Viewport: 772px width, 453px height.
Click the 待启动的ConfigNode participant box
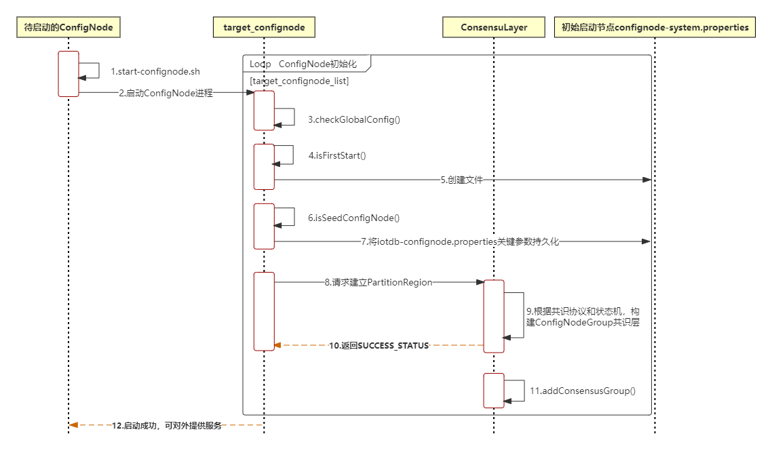click(68, 28)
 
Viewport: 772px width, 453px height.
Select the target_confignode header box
click(264, 28)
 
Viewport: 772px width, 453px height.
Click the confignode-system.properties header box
click(655, 28)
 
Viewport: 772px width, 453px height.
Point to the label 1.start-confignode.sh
click(155, 71)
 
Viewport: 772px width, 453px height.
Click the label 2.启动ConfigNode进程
click(166, 94)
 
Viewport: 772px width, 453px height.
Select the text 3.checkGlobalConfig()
click(354, 119)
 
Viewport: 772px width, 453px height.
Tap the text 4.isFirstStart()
click(337, 155)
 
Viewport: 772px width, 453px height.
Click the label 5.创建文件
click(461, 180)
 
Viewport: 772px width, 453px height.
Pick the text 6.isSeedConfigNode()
click(353, 218)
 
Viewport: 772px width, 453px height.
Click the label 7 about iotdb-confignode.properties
click(460, 241)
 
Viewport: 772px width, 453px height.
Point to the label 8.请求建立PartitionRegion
click(378, 282)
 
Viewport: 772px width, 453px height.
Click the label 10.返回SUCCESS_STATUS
click(379, 345)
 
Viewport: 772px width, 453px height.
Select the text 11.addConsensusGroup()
click(582, 391)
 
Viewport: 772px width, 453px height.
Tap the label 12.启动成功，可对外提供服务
click(166, 426)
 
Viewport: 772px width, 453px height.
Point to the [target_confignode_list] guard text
click(299, 81)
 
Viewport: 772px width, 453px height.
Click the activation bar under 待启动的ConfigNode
click(69, 74)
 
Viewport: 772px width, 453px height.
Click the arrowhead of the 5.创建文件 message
click(646, 180)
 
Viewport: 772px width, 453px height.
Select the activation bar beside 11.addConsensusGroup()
click(494, 390)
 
